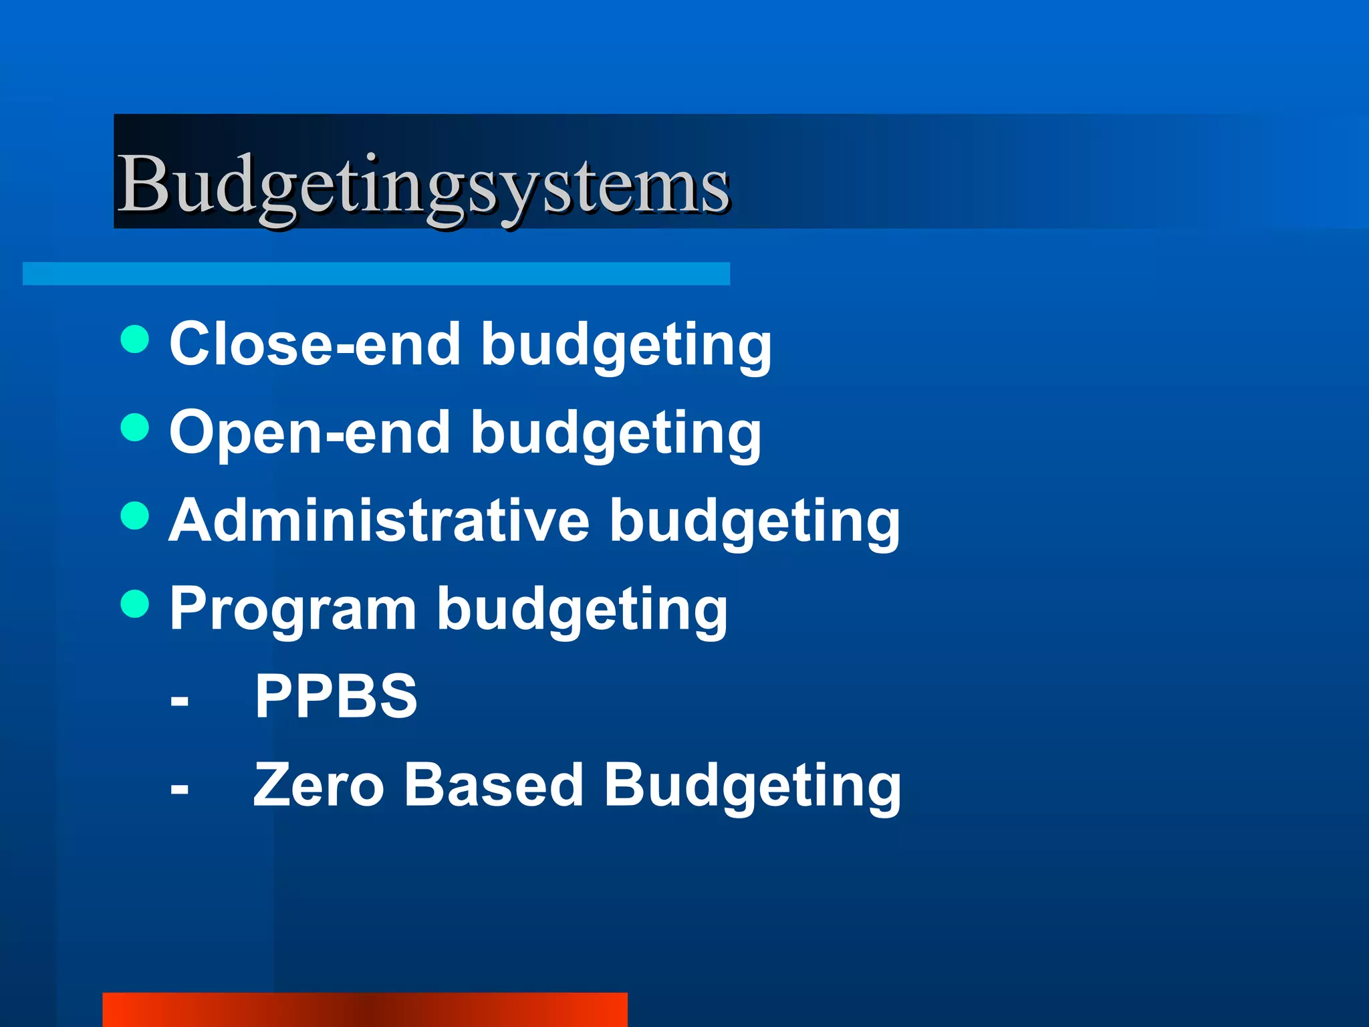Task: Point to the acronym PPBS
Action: coord(336,696)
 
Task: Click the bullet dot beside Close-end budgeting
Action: coord(135,339)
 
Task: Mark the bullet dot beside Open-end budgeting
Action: coord(135,427)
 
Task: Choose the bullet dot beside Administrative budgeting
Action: coord(135,516)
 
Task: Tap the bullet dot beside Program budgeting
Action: coord(135,604)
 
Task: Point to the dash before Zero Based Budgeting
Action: coord(179,790)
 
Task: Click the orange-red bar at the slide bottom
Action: coord(365,1010)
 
